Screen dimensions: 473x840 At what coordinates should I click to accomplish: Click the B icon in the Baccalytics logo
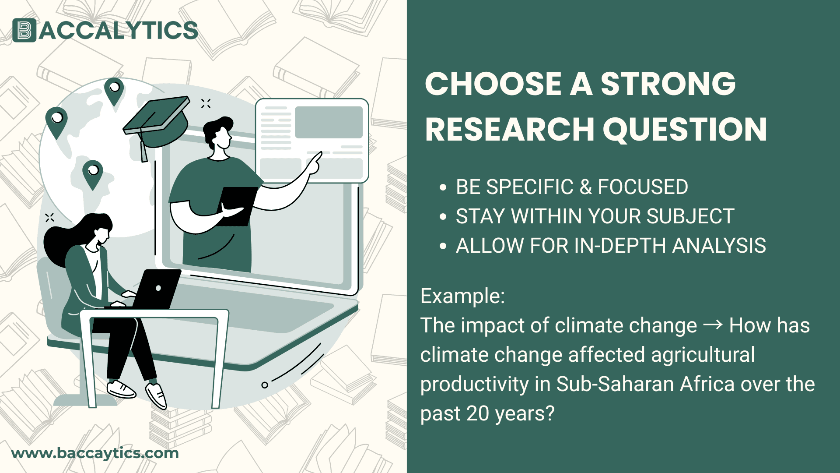coord(24,30)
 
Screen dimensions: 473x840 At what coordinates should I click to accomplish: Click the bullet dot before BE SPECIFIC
coord(443,187)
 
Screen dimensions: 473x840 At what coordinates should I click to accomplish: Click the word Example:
coord(462,296)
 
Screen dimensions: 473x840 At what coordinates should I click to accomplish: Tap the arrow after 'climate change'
coord(713,325)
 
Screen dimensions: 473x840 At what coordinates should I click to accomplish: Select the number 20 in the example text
coord(478,413)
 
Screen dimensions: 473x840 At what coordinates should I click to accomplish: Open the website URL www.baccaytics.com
coord(95,453)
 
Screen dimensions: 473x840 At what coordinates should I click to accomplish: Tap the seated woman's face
coord(103,236)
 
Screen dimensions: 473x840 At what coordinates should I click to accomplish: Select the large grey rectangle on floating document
coord(329,122)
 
